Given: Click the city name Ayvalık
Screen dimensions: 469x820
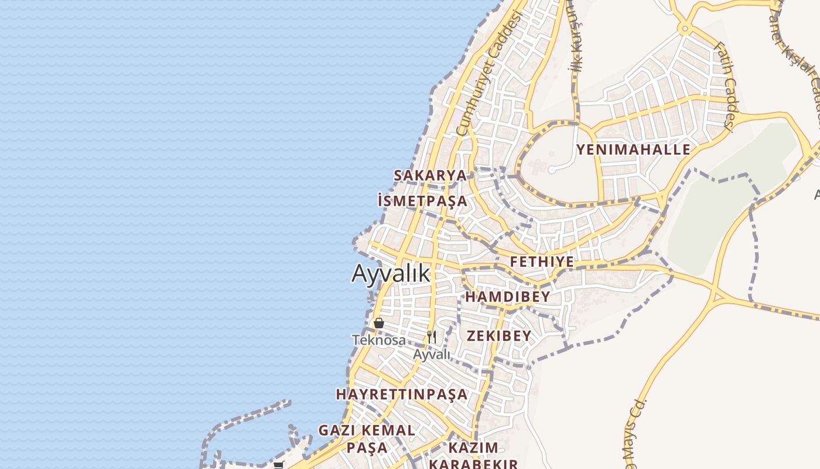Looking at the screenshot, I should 391,273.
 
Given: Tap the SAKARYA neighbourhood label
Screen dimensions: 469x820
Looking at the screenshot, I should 430,175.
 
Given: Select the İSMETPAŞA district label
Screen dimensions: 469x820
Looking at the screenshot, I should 423,201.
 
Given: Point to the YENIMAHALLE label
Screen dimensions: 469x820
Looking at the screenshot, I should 633,149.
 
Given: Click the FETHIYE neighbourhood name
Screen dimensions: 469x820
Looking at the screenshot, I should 542,261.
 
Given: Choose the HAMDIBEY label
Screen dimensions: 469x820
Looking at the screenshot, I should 507,297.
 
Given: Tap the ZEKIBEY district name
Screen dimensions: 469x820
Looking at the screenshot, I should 499,336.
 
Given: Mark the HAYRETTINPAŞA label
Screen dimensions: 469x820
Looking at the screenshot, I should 402,394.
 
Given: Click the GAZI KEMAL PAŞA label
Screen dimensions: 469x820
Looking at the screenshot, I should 367,439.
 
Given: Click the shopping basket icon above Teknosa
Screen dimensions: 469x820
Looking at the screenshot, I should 379,323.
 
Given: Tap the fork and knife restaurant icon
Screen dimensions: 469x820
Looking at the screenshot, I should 432,337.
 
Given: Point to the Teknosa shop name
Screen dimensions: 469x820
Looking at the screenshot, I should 378,339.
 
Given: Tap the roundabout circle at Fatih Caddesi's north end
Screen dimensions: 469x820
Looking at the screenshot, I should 684,28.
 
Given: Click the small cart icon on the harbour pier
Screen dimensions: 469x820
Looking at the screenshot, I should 278,465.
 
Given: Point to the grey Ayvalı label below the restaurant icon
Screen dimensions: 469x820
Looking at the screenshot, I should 432,354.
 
